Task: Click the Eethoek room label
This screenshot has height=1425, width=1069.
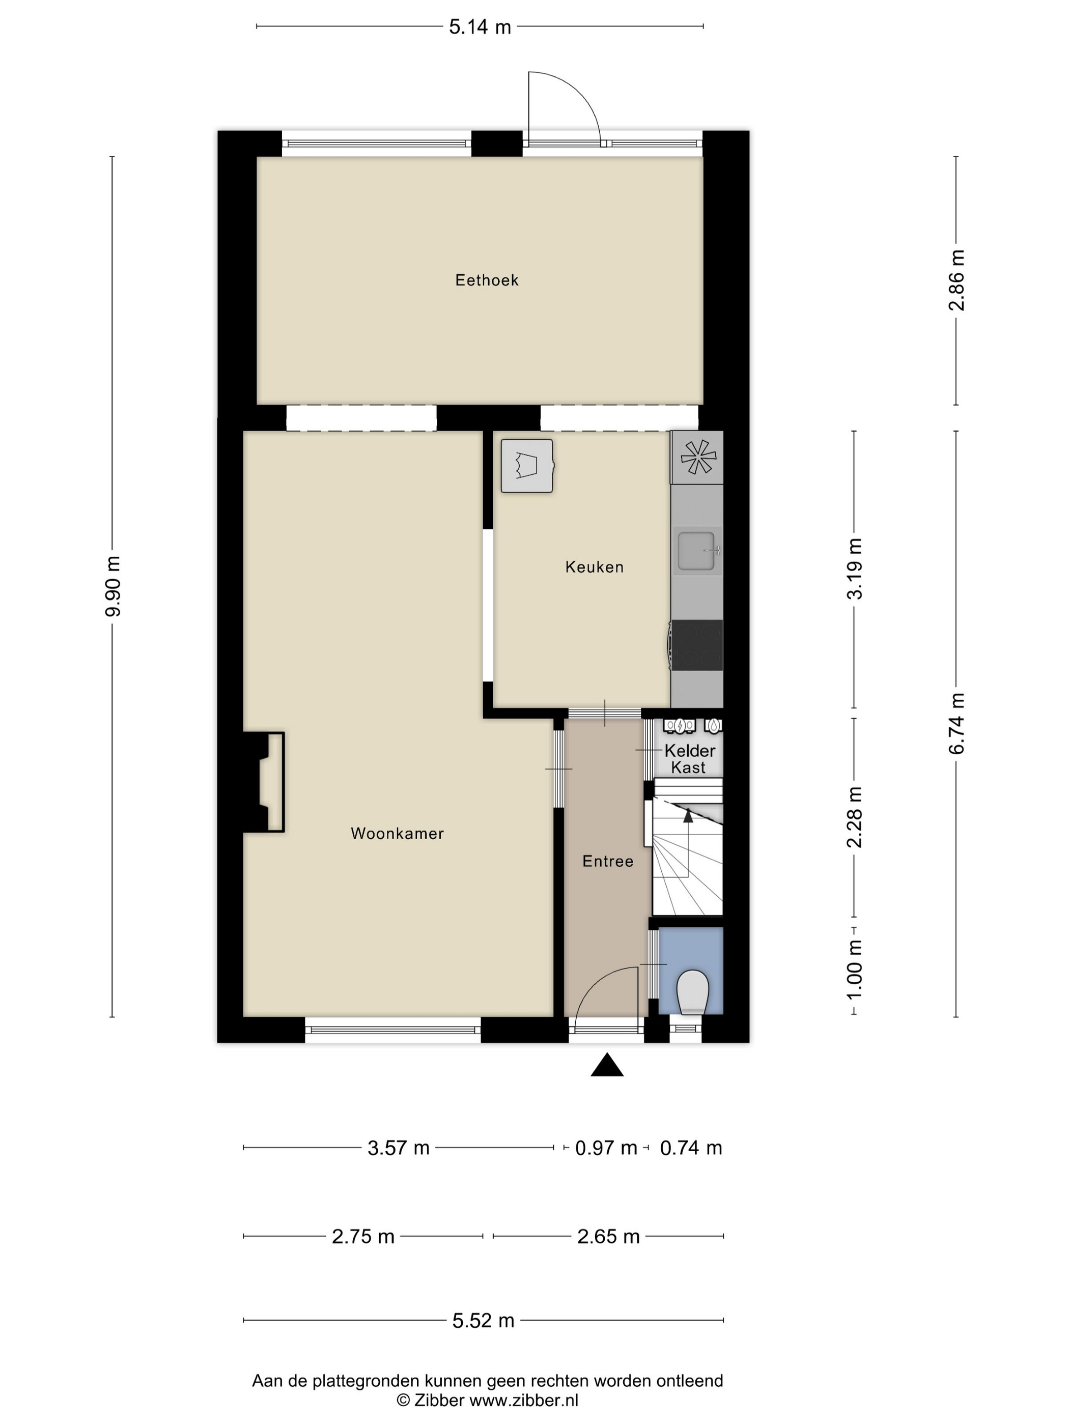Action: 487,280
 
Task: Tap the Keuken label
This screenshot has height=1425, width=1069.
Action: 594,567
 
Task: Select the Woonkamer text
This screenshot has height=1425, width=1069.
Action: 397,834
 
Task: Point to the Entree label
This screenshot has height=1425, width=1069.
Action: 608,861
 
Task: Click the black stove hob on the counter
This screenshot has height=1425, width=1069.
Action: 696,645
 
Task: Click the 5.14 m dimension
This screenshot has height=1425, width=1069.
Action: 480,27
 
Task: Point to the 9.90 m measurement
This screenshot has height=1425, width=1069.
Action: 113,586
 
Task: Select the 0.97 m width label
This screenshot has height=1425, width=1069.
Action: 606,1148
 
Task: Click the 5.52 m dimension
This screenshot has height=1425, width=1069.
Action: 483,1321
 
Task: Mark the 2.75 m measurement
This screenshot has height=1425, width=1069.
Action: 363,1236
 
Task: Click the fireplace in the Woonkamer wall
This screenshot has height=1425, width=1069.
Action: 264,782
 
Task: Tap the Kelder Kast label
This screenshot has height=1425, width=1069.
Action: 689,759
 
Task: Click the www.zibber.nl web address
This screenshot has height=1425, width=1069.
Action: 523,1401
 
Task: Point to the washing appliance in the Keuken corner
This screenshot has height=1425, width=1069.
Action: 527,466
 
